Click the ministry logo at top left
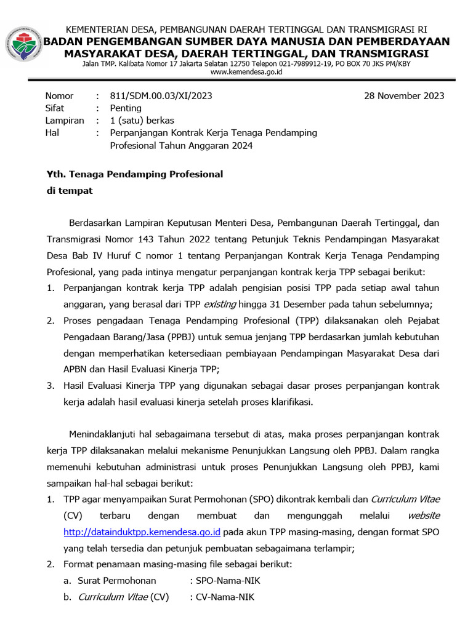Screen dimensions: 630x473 [23, 44]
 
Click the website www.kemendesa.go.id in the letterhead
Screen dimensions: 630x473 [246, 72]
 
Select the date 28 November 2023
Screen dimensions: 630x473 [404, 96]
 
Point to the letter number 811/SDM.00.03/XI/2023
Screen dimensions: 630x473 [161, 96]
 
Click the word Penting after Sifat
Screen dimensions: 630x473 [126, 108]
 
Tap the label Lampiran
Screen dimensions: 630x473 [65, 121]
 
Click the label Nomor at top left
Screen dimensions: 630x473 [59, 96]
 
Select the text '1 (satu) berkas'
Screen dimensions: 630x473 [142, 121]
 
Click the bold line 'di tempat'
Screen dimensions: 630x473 [70, 191]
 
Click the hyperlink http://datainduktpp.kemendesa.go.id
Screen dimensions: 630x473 [142, 532]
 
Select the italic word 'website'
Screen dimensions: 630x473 [424, 515]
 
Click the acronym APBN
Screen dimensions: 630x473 [76, 370]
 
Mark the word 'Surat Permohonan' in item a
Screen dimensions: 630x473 [117, 580]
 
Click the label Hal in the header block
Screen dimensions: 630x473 [53, 133]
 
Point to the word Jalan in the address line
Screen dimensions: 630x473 [92, 63]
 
